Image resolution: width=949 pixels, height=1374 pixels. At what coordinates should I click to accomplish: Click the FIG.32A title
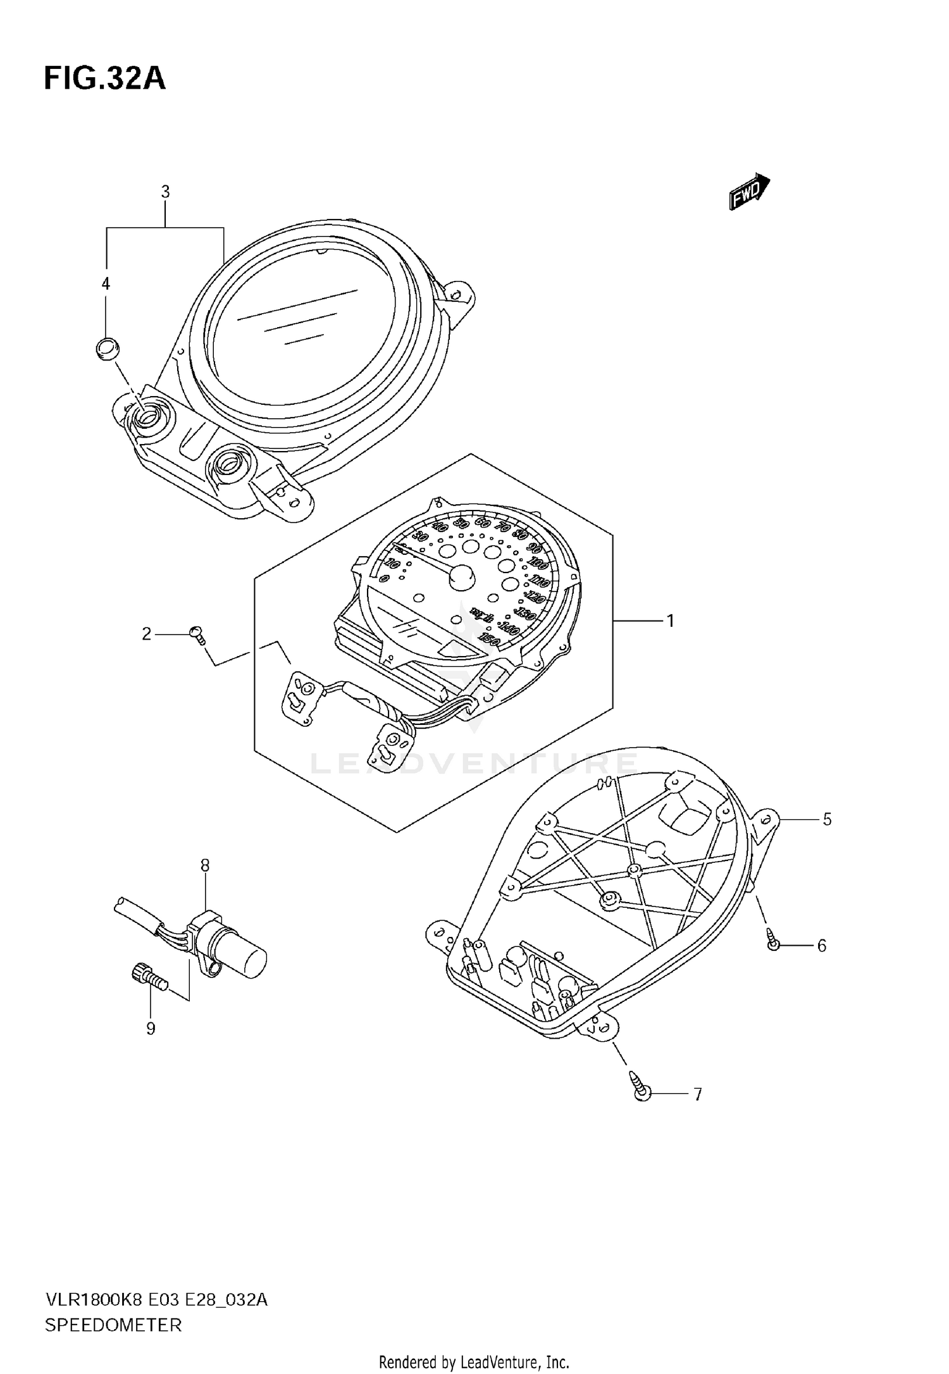coord(105,79)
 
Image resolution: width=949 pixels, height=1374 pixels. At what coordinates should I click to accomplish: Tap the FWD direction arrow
coord(749,192)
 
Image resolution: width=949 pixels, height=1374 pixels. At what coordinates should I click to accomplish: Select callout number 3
coord(165,192)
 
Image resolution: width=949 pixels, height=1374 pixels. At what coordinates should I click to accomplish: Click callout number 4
coord(106,284)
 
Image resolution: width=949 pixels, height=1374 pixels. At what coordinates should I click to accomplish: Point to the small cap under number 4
coord(108,348)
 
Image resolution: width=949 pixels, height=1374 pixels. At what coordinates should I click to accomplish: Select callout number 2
coord(147,633)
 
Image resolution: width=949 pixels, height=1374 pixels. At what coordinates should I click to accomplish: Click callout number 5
coord(827,820)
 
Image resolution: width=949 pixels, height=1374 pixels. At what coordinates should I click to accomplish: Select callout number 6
coord(822,946)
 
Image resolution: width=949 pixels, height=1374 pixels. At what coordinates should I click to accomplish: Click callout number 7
coord(697,1094)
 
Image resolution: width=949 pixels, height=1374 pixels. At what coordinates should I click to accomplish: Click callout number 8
coord(205,865)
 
